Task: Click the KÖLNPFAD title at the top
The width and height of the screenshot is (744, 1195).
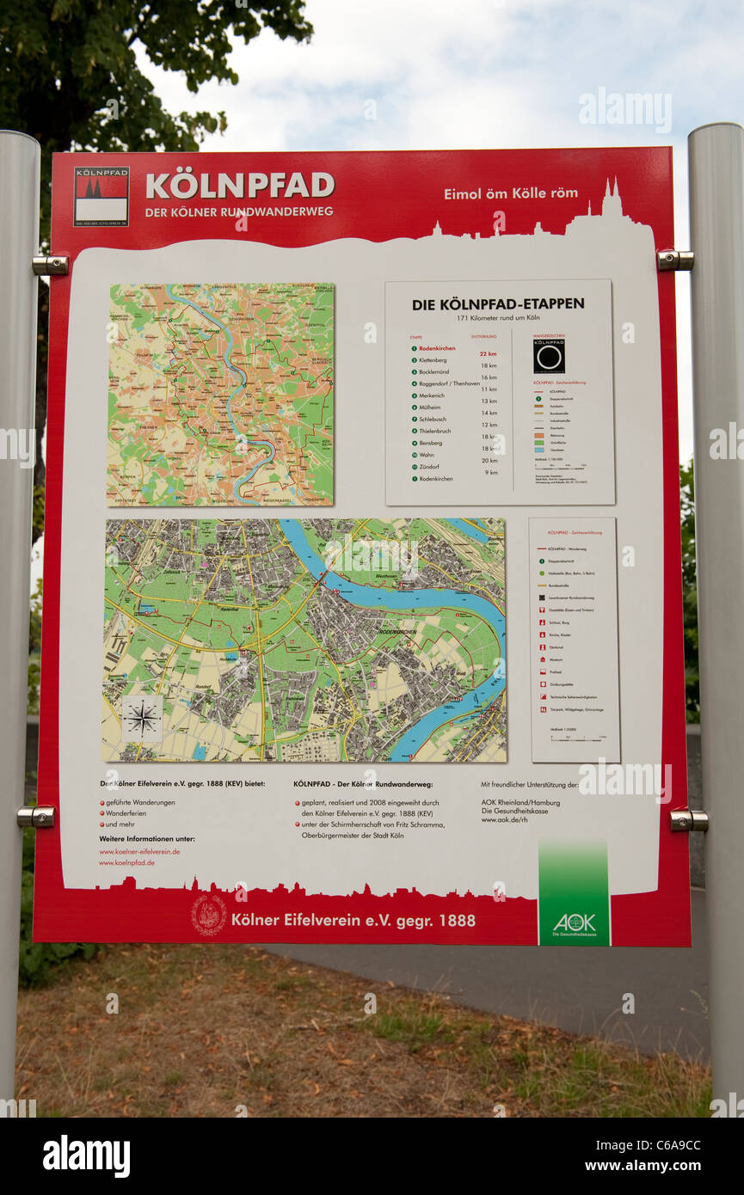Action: coord(239,185)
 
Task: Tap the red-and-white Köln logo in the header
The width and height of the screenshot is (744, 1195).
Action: coord(101,196)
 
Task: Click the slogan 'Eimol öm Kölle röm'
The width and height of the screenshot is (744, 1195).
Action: coord(510,193)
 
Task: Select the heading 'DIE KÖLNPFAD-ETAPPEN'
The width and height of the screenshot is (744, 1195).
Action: coord(498,303)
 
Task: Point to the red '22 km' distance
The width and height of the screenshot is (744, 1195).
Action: coord(488,353)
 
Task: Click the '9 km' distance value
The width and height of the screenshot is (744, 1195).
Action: coord(490,472)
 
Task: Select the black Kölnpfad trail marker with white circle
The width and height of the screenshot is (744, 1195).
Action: coord(549,355)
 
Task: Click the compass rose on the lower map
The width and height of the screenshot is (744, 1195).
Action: coord(142,718)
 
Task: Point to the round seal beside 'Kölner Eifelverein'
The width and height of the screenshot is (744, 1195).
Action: coord(209,915)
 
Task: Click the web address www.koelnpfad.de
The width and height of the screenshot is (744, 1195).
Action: coord(127,862)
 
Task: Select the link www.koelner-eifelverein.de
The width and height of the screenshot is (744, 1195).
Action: coord(139,851)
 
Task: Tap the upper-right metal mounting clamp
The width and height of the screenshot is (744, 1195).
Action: coord(674,260)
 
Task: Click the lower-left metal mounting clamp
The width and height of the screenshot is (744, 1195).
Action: coord(36,816)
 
